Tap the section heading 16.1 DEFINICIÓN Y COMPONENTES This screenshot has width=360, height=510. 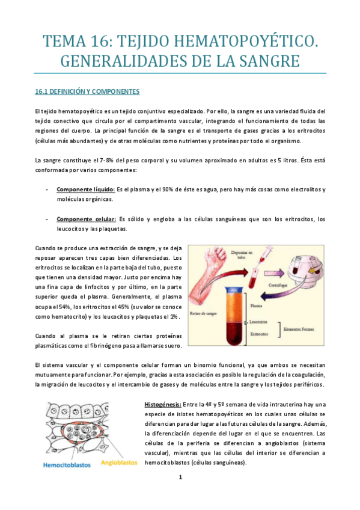click(x=87, y=92)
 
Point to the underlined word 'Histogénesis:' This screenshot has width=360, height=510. click(x=163, y=405)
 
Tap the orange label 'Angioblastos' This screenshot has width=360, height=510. click(x=119, y=463)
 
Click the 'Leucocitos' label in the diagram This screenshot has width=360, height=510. click(x=260, y=322)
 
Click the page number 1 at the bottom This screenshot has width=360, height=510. click(x=180, y=478)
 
